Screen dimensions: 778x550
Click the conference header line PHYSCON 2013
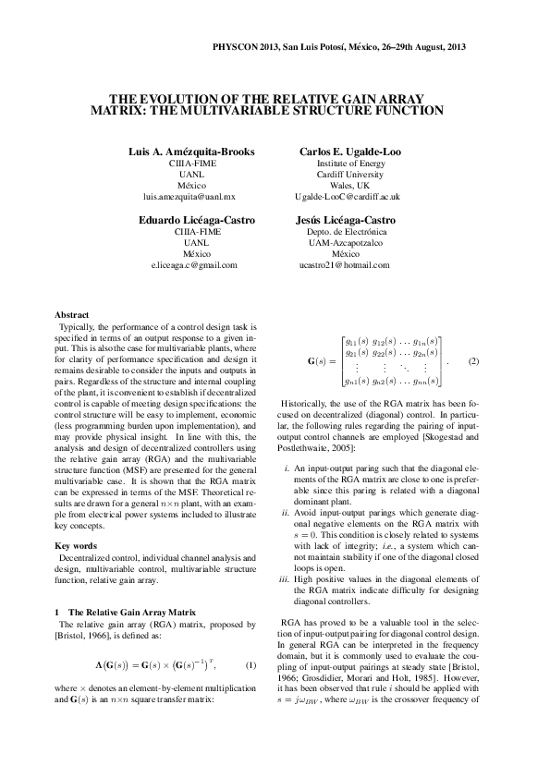click(x=338, y=46)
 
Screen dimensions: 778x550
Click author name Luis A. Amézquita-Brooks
click(x=191, y=151)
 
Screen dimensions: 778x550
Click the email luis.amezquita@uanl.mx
click(x=191, y=197)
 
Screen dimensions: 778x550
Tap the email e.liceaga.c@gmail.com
click(x=191, y=265)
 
